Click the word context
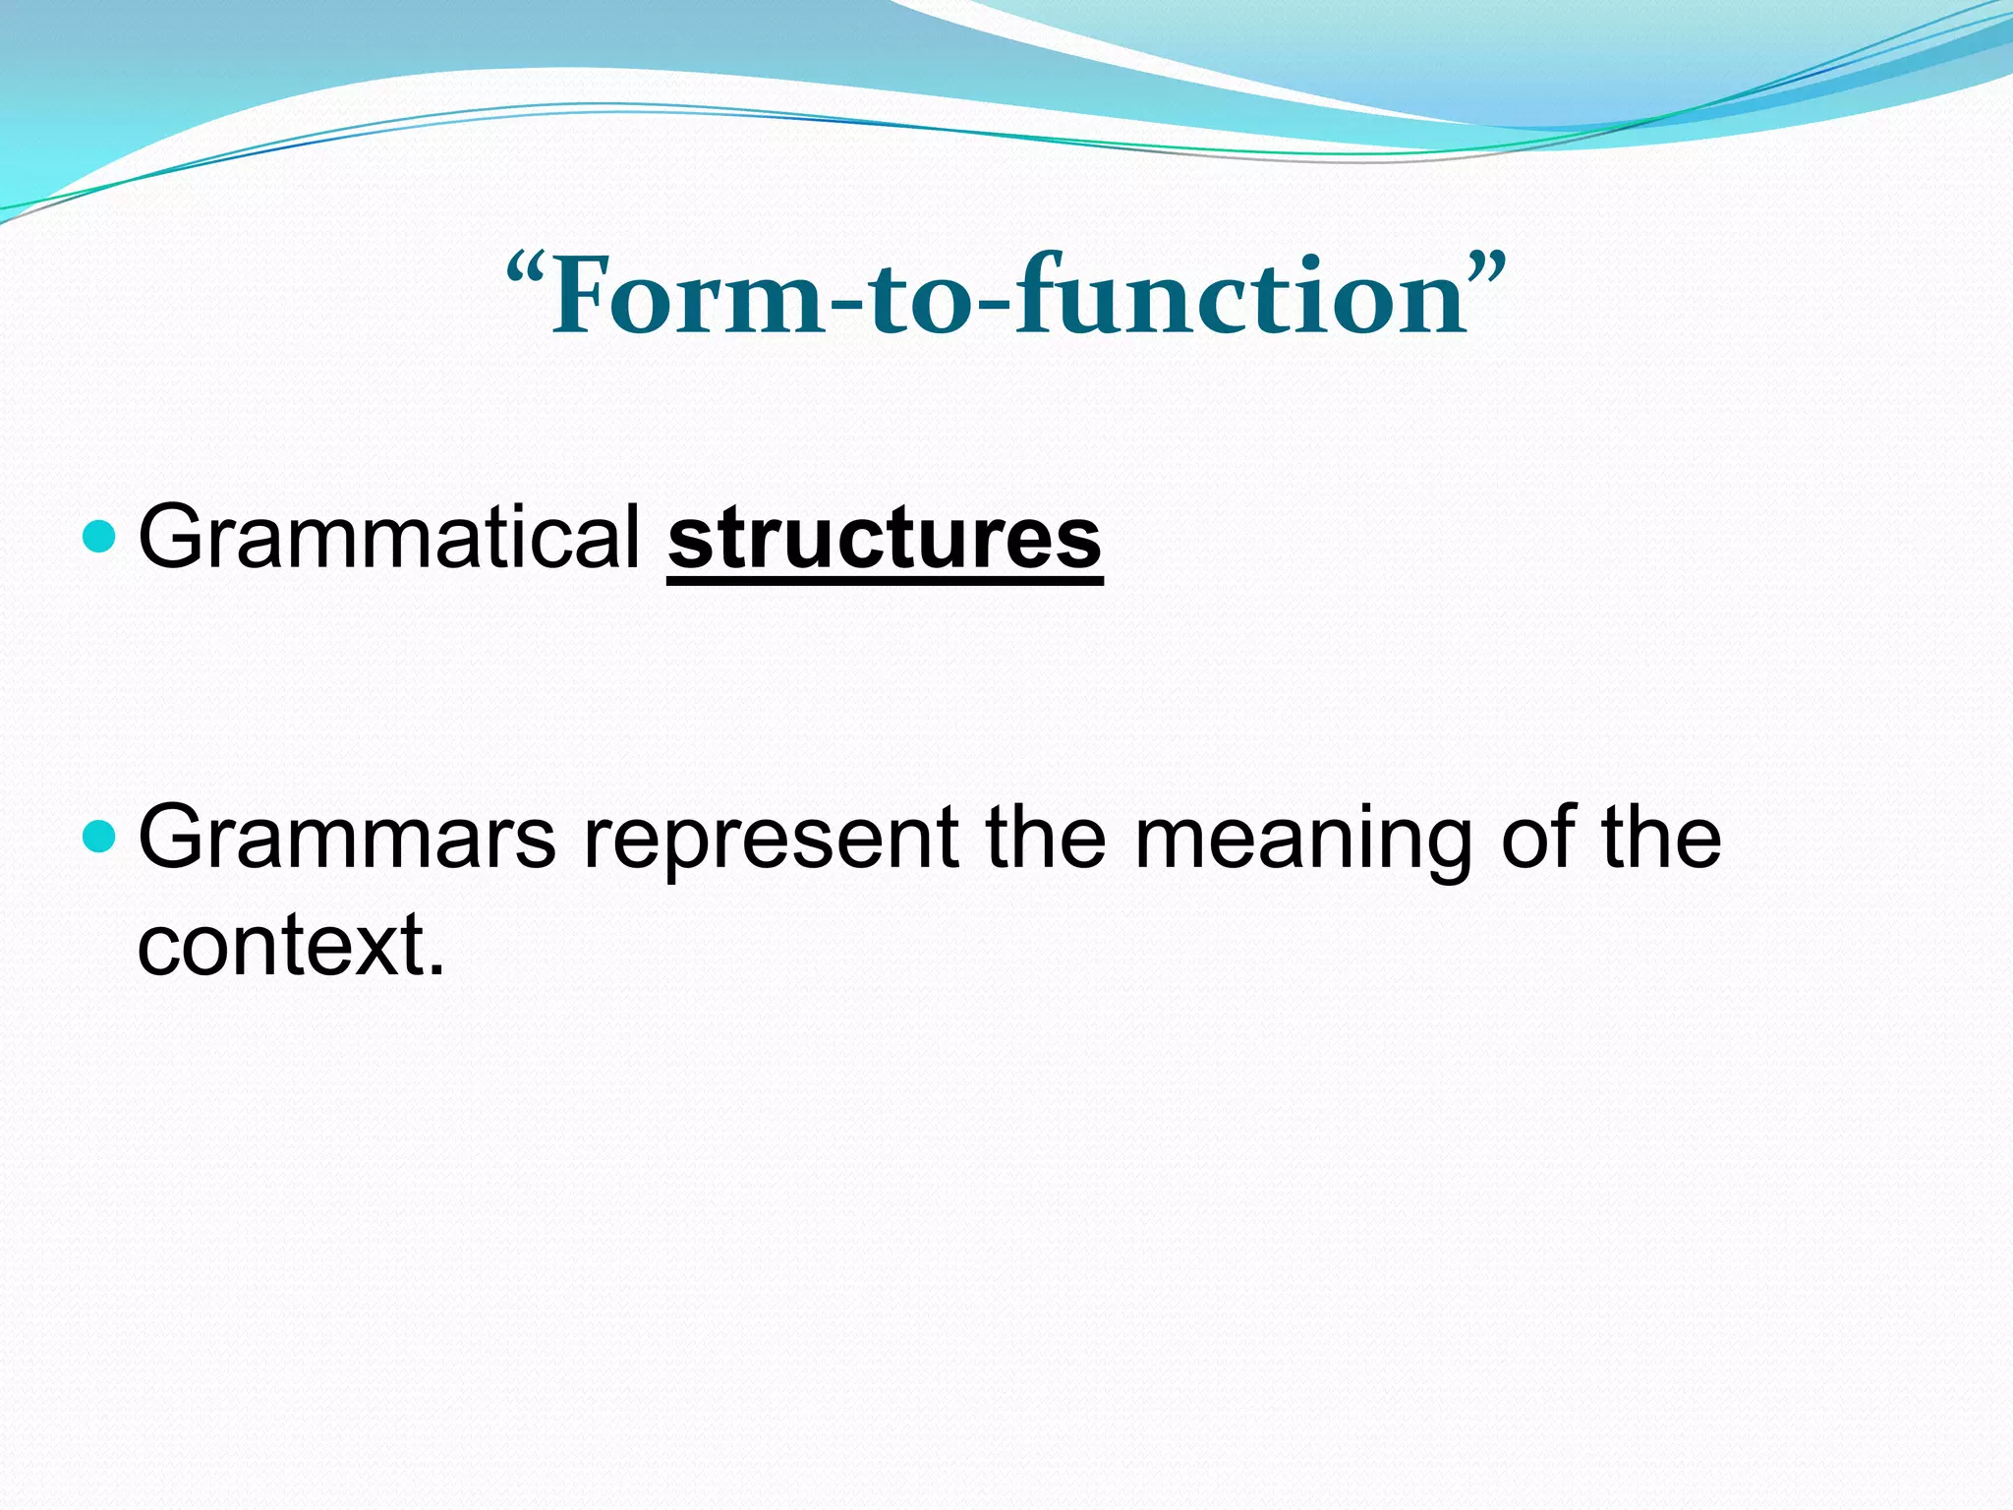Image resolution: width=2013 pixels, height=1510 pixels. click(x=280, y=945)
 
